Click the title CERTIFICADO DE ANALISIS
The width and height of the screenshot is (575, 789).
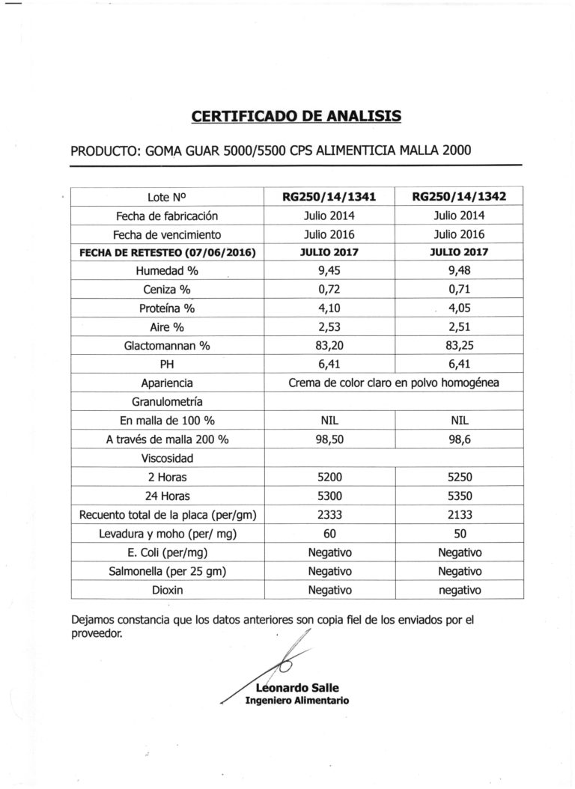point(296,116)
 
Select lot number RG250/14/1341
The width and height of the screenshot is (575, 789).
point(329,198)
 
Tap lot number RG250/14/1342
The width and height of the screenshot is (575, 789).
point(459,198)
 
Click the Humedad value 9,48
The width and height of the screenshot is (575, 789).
point(458,271)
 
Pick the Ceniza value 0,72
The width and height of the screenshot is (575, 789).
point(329,289)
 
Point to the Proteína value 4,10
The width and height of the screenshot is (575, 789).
point(329,308)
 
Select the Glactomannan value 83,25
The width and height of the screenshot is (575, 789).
point(458,345)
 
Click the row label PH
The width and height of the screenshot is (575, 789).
point(168,364)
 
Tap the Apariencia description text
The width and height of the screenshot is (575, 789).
point(394,383)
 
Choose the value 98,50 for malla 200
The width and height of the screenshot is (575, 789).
point(329,439)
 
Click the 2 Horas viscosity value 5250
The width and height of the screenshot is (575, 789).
point(458,476)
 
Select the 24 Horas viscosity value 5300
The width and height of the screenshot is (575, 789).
point(329,496)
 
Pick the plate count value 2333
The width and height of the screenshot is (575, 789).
point(329,515)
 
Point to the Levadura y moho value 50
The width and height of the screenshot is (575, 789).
point(458,534)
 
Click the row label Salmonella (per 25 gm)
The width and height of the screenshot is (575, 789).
point(168,571)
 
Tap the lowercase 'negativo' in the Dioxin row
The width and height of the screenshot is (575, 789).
point(458,590)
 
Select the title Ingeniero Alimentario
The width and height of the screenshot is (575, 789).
point(296,701)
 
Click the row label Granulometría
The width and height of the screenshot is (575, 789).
point(168,401)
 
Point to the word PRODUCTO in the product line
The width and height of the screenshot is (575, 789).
point(104,150)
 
